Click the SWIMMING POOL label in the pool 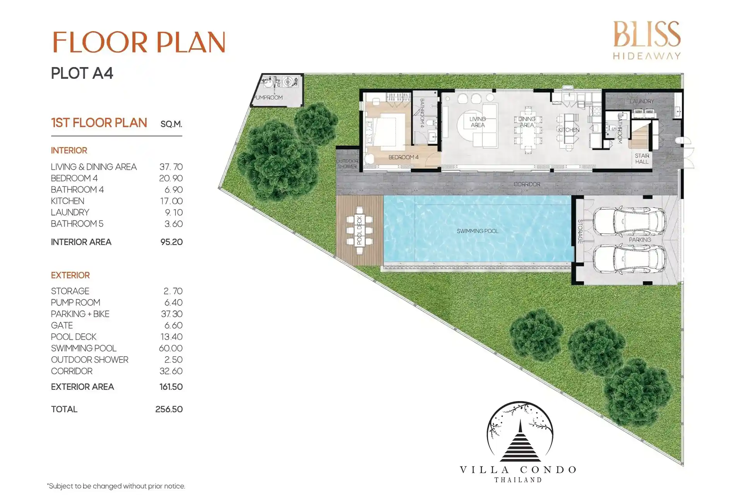[478, 231]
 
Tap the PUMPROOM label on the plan [269, 97]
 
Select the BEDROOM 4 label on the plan [403, 157]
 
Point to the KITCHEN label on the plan [568, 130]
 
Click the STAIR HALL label [642, 159]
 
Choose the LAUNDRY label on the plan [642, 101]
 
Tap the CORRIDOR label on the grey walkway [527, 184]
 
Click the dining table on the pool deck [360, 230]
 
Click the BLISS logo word [647, 34]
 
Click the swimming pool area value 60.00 [171, 348]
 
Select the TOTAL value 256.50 [169, 409]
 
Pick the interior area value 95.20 [171, 242]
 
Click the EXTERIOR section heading [70, 275]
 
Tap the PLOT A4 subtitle [82, 73]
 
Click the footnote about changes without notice [116, 486]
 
